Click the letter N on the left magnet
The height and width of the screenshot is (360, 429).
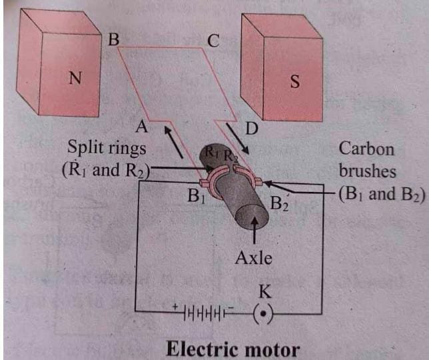pyautogui.click(x=75, y=79)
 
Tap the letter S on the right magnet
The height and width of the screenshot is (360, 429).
pyautogui.click(x=294, y=82)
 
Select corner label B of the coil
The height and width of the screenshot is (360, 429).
pyautogui.click(x=113, y=40)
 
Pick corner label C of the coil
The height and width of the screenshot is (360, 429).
pyautogui.click(x=213, y=41)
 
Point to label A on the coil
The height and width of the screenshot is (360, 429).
pyautogui.click(x=141, y=125)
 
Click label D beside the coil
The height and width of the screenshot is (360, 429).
pyautogui.click(x=251, y=129)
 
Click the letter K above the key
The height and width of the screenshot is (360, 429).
pyautogui.click(x=264, y=290)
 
